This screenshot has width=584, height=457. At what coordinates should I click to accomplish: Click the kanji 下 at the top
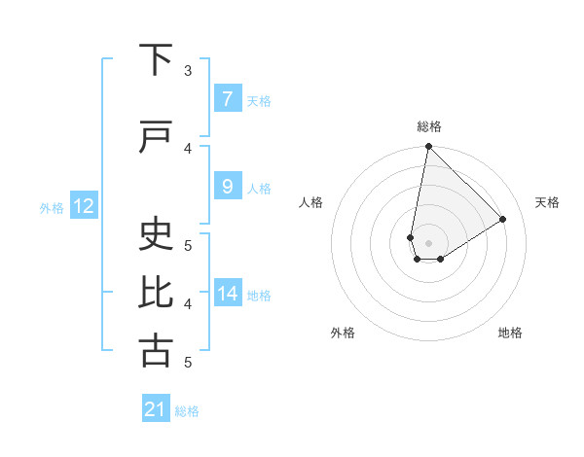(x=156, y=60)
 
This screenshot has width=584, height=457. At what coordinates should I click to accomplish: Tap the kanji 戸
(x=156, y=138)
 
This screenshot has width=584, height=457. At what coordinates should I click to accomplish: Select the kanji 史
(x=156, y=235)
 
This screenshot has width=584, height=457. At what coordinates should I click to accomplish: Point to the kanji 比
(x=156, y=294)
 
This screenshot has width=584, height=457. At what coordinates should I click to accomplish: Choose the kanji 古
(x=156, y=352)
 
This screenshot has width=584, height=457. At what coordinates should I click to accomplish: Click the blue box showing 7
(x=227, y=99)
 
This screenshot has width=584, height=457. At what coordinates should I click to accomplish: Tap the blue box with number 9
(x=227, y=187)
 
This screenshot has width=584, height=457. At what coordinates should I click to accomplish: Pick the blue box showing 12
(x=83, y=206)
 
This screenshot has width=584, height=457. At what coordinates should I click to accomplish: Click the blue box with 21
(x=156, y=409)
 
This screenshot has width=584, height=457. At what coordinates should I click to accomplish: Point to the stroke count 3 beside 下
(x=188, y=71)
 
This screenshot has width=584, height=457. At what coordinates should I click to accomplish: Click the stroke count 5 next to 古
(x=188, y=363)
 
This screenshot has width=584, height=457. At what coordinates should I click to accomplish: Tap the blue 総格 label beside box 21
(x=187, y=411)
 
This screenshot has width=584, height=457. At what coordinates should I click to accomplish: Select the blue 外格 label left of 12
(x=52, y=207)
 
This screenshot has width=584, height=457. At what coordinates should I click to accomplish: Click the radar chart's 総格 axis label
(x=428, y=126)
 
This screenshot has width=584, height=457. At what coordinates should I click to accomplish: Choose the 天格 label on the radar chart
(x=547, y=202)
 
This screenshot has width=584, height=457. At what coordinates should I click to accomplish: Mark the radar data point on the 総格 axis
(x=428, y=147)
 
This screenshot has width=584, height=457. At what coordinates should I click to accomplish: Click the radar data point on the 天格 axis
(x=503, y=219)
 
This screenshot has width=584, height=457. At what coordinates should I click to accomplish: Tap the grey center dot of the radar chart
(x=428, y=243)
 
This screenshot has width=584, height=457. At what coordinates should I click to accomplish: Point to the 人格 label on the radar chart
(x=310, y=202)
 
